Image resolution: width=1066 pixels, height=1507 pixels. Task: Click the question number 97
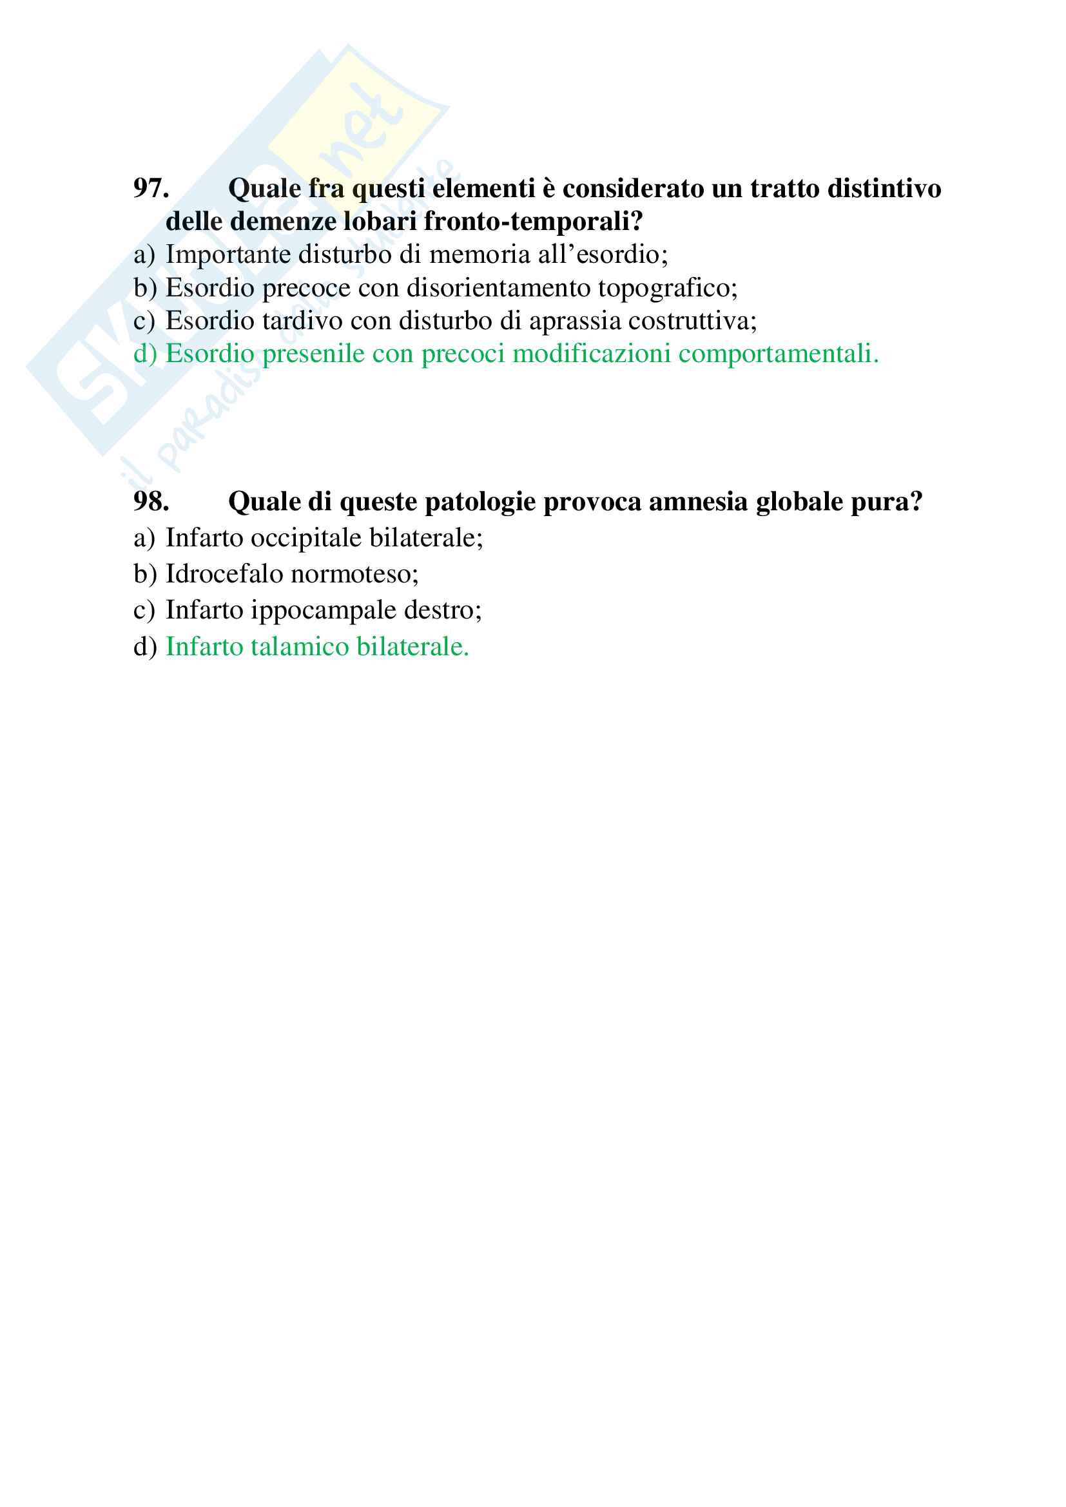[x=151, y=188]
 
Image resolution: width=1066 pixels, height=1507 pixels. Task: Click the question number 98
[x=151, y=502]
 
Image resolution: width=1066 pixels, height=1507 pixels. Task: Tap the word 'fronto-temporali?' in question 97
[x=533, y=222]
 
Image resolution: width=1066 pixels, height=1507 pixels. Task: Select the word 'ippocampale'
[x=324, y=610]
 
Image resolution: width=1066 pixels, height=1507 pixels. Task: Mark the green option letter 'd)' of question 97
[x=145, y=354]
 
